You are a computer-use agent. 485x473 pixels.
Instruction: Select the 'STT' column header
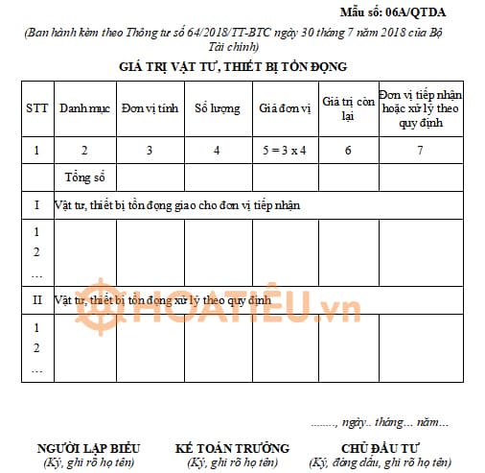[x=36, y=108]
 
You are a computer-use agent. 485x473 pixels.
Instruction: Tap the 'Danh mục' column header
[x=84, y=108]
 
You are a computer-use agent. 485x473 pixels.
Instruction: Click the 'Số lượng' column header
[x=218, y=108]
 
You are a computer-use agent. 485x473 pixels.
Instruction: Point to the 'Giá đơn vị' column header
[x=286, y=108]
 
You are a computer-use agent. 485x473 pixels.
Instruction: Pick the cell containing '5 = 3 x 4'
[x=286, y=151]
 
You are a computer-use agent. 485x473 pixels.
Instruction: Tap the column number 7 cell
[x=422, y=151]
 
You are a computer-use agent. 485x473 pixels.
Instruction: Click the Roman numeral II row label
[x=36, y=300]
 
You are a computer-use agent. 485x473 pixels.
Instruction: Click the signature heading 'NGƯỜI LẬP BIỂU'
[x=88, y=448]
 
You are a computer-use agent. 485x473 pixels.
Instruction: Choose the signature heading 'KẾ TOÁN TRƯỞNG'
[x=232, y=448]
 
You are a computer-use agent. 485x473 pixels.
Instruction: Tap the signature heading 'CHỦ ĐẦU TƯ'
[x=381, y=448]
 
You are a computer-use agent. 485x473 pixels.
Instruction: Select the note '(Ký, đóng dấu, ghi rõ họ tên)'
[x=381, y=462]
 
